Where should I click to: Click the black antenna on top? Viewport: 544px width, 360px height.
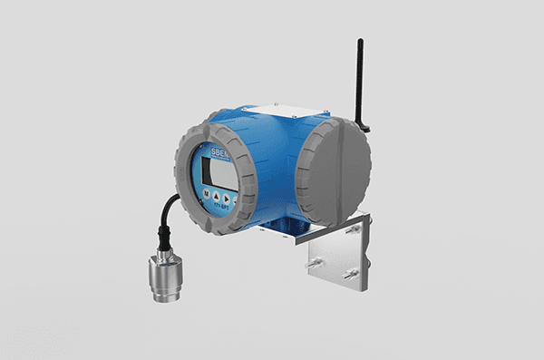(x=361, y=77)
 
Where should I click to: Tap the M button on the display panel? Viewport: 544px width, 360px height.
(x=208, y=194)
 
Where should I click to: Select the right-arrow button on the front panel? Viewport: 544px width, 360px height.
(x=230, y=197)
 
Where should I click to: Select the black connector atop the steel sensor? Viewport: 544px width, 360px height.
(x=164, y=243)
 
